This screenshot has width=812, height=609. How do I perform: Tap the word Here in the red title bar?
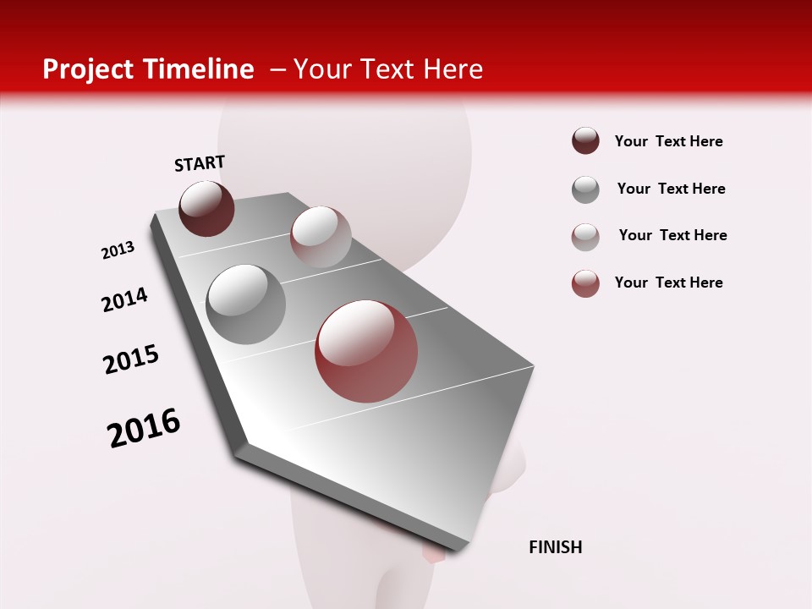coord(453,69)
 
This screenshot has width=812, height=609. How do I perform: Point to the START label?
coord(200,163)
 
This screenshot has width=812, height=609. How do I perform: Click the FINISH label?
coord(555,547)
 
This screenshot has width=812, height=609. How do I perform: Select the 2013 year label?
coord(118,250)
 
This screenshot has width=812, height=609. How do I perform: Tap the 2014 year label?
coord(124,299)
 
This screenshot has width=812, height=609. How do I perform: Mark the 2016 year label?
coord(144,428)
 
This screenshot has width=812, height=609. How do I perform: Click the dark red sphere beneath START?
coord(206,208)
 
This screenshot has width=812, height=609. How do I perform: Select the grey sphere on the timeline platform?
coord(245,304)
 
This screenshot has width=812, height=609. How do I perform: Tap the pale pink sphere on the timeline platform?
coord(321,237)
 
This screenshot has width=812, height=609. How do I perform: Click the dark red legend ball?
coord(585,140)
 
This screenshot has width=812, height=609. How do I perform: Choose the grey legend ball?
coord(585,189)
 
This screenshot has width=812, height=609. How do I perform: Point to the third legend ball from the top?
coord(585,237)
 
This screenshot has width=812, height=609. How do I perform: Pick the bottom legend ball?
coord(585,283)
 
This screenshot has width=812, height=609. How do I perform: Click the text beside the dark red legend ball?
coord(668,141)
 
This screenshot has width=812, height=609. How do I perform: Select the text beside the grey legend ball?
coord(671,189)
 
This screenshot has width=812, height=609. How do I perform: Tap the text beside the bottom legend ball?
coord(668,283)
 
